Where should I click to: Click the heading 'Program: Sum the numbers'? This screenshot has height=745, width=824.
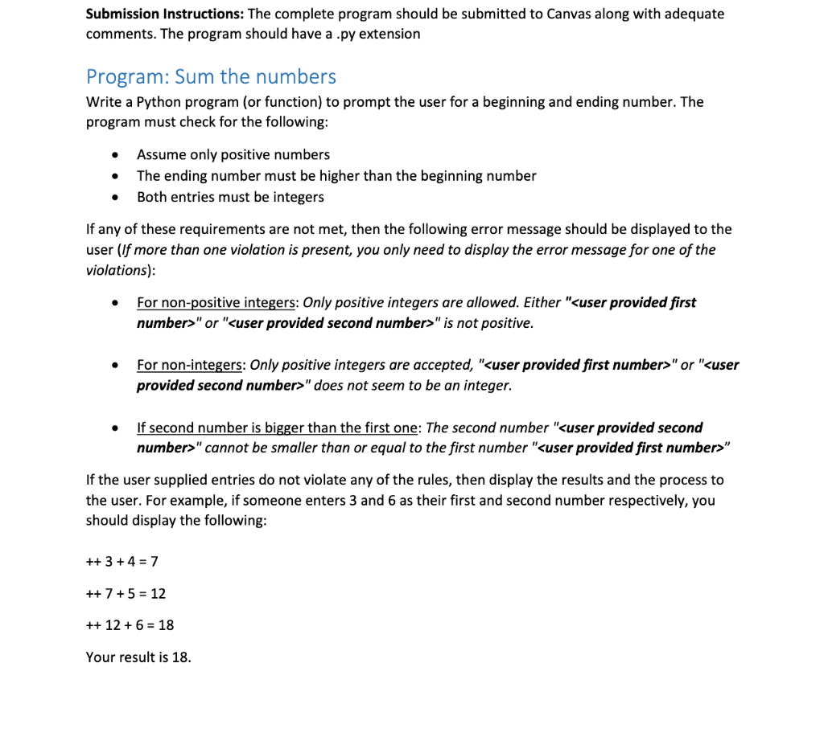tap(211, 77)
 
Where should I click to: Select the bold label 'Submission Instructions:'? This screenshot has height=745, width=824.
tap(165, 14)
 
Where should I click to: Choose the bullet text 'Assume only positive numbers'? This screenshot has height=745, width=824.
tap(233, 154)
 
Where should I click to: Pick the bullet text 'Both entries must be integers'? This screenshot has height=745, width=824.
tap(230, 197)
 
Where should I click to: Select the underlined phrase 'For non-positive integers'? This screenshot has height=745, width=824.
tap(216, 302)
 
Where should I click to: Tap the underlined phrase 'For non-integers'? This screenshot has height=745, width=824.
tap(190, 365)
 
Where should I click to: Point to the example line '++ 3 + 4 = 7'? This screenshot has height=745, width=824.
tap(116, 561)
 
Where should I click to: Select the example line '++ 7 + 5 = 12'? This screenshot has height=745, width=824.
tap(126, 593)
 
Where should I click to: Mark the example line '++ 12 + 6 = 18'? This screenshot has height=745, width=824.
tap(130, 624)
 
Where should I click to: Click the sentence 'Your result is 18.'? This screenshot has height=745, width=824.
tap(138, 657)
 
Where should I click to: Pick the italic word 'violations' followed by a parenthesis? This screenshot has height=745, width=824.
tap(118, 270)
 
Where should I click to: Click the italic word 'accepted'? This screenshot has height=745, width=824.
tap(441, 365)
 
